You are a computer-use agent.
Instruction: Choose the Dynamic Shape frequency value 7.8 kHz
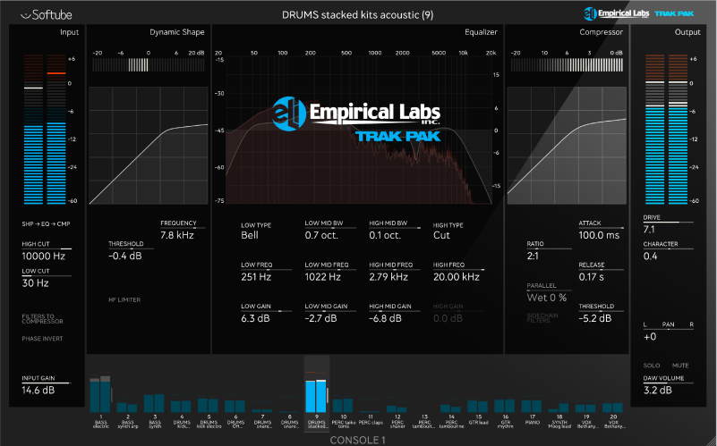tap(177, 235)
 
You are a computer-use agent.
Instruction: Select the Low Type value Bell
tap(250, 236)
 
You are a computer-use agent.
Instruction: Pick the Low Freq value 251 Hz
tap(255, 277)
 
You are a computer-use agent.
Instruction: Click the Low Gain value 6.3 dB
tap(256, 318)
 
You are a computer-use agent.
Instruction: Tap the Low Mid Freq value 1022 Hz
tap(322, 277)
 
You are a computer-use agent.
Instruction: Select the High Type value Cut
tap(441, 236)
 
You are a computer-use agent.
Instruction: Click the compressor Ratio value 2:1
tap(534, 256)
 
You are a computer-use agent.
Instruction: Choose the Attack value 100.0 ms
tap(598, 235)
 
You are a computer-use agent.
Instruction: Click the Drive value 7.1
tap(649, 229)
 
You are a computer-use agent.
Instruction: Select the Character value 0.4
tap(651, 257)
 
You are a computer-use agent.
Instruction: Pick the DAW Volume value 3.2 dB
tap(658, 391)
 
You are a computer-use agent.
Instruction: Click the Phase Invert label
tap(43, 339)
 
